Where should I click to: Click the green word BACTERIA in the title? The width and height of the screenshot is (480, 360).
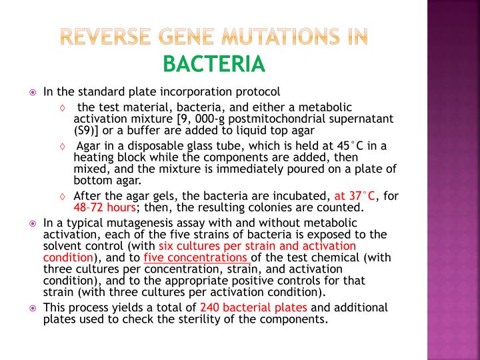[214, 65]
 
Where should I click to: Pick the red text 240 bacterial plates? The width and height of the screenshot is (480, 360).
[254, 307]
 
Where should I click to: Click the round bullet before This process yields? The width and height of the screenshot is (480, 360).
[34, 308]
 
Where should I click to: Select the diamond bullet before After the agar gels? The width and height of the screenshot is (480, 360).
[62, 196]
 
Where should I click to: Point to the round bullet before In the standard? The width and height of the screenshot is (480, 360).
[34, 91]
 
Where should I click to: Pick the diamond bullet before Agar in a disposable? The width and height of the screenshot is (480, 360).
[62, 147]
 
